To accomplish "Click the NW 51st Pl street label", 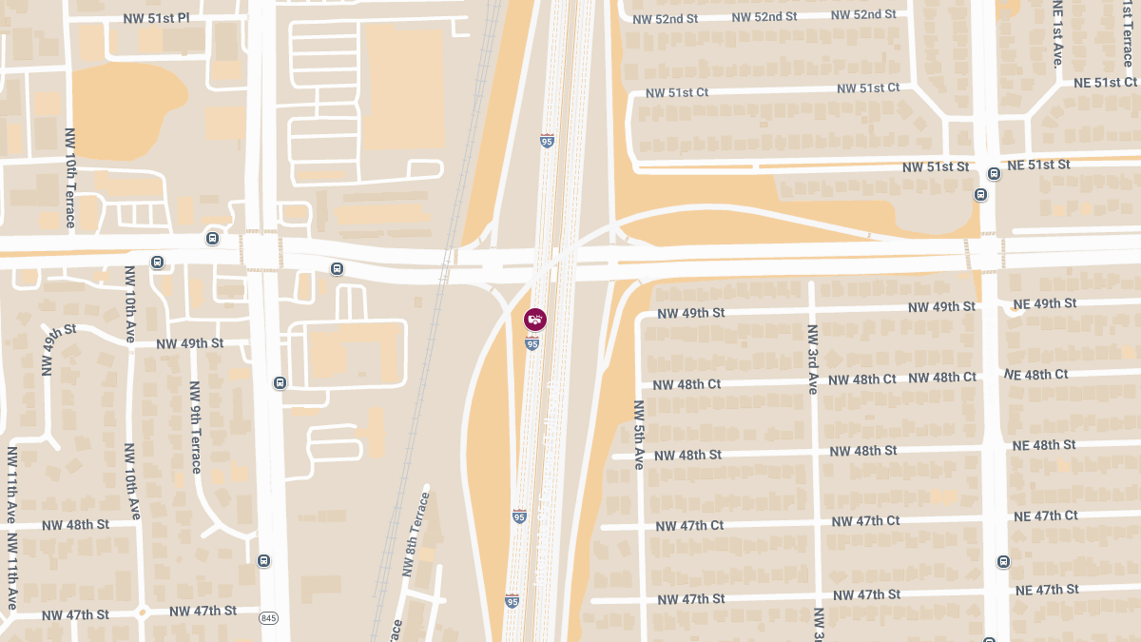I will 158,19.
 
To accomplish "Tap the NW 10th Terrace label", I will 69,178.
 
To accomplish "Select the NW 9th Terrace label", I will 195,427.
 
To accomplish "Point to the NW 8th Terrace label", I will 416,534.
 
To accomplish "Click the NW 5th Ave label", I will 639,435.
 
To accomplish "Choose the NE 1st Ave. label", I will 1056,33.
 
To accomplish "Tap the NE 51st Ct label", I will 1105,83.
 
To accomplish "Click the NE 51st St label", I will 1038,165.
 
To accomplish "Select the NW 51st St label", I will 936,167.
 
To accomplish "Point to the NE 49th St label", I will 1044,304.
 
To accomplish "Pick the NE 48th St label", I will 1044,445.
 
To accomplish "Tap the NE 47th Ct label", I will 1044,516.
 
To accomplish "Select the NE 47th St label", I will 1047,590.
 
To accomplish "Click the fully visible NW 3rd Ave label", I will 813,360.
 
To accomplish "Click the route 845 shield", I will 268,618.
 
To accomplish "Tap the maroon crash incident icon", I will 535,320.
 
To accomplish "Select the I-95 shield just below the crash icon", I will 532,343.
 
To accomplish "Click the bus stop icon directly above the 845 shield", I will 263,560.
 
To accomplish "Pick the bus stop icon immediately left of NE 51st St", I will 994,174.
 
